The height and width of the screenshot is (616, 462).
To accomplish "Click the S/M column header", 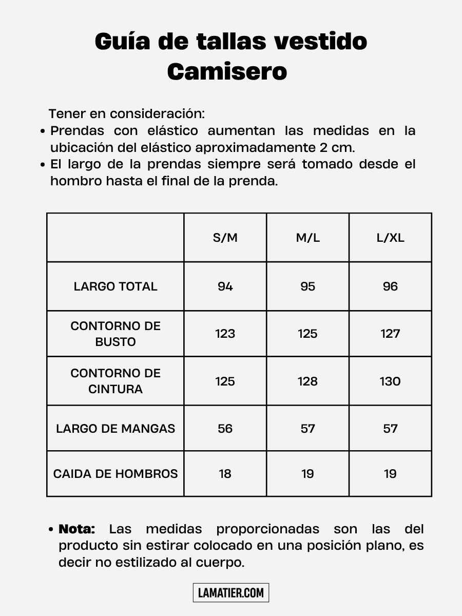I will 225,238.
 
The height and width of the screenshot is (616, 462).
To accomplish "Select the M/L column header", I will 307,238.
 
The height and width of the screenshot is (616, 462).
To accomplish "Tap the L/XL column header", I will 390,238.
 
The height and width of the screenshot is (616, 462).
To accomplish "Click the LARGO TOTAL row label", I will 115,286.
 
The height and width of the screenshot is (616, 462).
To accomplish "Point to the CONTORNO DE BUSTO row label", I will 115,334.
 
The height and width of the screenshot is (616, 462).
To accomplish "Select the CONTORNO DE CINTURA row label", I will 115,381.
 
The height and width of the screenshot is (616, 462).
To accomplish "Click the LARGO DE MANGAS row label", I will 115,429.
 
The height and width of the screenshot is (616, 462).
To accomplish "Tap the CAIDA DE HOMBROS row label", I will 115,474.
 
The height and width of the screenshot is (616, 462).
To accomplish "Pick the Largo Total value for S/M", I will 225,286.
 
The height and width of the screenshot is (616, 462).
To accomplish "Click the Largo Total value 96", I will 390,286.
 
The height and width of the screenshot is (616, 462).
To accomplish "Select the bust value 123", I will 225,334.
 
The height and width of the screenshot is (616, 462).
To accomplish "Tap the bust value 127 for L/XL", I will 390,334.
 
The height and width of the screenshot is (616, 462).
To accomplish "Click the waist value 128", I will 307,381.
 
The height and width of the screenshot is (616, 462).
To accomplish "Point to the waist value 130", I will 390,381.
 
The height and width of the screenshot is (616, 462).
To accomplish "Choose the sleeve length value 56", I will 225,429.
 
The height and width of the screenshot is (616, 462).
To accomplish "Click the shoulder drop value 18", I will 225,474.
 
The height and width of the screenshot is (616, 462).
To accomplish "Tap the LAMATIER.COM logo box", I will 231,593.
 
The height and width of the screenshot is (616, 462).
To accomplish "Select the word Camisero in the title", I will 227,71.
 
